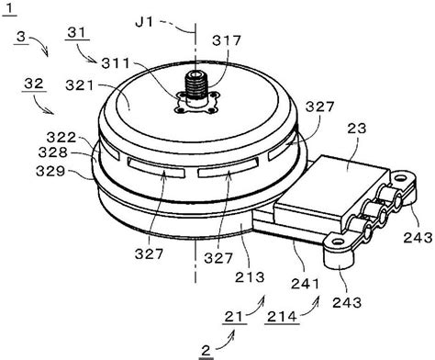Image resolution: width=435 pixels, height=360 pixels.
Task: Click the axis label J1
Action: [x=144, y=22]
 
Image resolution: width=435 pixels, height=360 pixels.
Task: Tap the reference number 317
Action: [x=227, y=40]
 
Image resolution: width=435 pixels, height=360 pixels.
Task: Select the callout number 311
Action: [x=116, y=63]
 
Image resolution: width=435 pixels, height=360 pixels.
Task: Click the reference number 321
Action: [x=80, y=85]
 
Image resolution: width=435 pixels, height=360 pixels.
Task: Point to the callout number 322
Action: [x=61, y=138]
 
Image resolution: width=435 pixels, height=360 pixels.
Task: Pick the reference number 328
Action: [x=53, y=152]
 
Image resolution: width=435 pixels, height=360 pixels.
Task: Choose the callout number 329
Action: [x=50, y=171]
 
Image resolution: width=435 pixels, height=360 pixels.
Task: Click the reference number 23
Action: [x=357, y=129]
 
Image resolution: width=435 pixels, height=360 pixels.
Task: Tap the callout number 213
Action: [x=250, y=277]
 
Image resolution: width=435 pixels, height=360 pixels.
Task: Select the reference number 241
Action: [x=305, y=284]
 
